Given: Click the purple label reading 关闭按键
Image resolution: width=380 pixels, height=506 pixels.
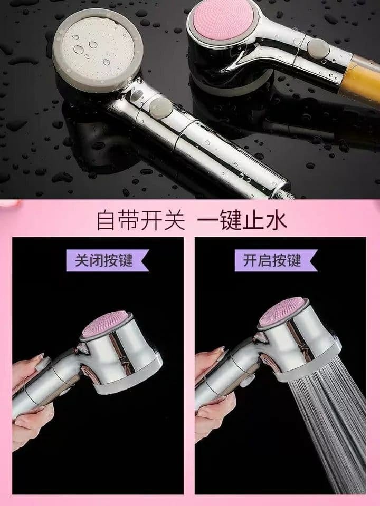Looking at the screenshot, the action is coord(107,260).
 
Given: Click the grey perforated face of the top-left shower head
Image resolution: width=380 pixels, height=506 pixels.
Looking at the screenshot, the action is coord(98,50).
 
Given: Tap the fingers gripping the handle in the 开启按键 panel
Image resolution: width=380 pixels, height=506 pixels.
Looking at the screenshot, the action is coord(212,416).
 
